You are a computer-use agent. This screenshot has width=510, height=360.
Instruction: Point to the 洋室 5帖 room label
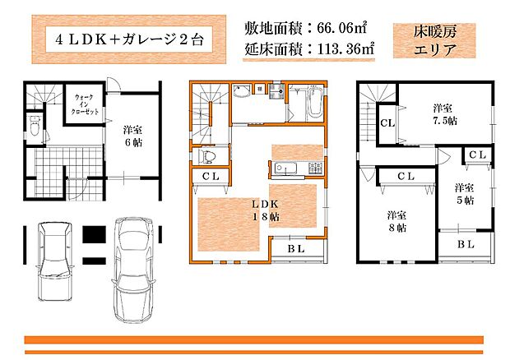tap(464, 193)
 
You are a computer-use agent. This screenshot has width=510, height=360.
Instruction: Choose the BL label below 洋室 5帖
tap(465, 244)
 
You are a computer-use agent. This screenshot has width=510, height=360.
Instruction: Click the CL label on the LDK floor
tap(210, 176)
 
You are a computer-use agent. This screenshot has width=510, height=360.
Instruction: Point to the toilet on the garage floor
tap(35, 127)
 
